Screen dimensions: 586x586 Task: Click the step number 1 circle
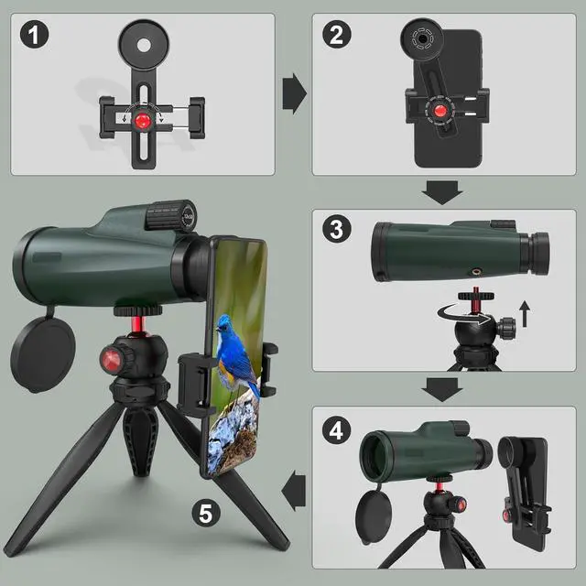point(34,35)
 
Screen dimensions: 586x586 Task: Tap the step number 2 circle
point(337,35)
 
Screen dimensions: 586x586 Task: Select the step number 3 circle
point(337,229)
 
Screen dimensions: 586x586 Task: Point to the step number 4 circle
point(336,430)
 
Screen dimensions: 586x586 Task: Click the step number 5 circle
point(206,513)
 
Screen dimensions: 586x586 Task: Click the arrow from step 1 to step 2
point(295,93)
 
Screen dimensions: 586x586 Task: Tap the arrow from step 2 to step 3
point(442,192)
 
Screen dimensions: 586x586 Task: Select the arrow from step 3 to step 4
point(442,389)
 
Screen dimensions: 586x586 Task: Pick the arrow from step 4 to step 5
point(294,491)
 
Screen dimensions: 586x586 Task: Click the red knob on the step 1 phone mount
point(143,120)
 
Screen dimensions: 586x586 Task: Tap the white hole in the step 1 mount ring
point(144,46)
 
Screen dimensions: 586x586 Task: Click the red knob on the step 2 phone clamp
point(439,111)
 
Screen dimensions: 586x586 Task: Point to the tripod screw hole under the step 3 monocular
point(476,270)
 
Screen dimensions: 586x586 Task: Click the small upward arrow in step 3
point(525,313)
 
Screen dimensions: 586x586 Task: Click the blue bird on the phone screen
point(236,353)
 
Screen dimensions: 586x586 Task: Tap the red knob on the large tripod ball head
point(111,360)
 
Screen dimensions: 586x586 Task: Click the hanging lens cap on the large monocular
point(43,353)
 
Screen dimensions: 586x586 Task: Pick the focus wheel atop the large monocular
point(171,216)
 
